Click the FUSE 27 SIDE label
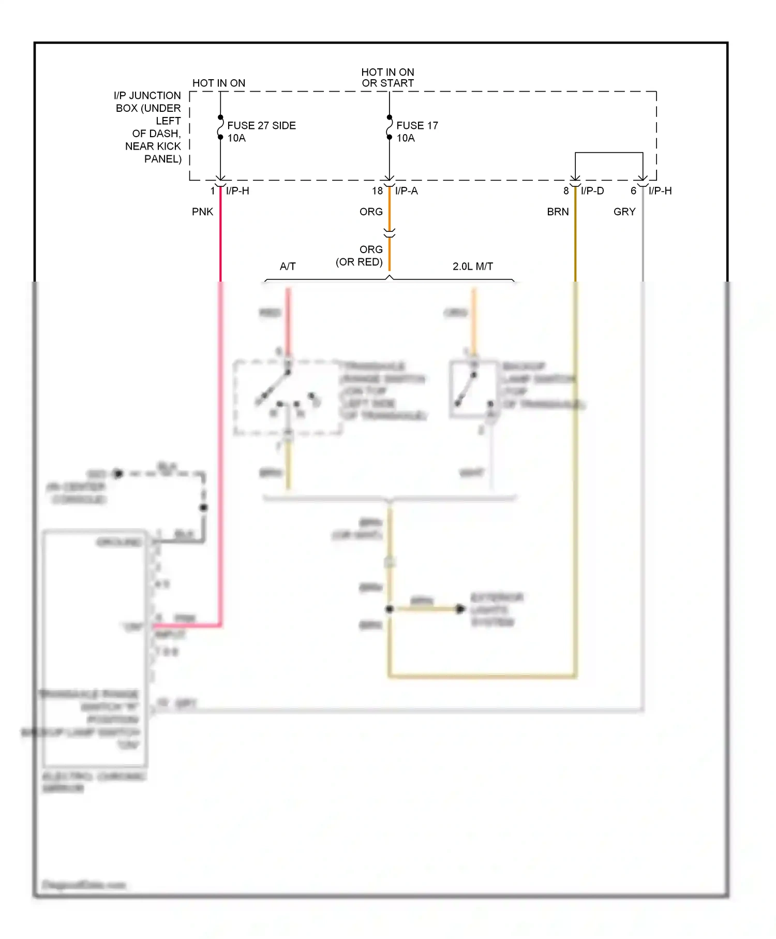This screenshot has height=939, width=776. pyautogui.click(x=261, y=126)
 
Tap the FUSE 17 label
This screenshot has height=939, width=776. pyautogui.click(x=417, y=126)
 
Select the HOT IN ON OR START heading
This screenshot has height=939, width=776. pyautogui.click(x=387, y=78)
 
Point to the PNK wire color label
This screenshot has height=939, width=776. pyautogui.click(x=202, y=212)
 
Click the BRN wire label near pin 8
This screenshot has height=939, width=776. pyautogui.click(x=558, y=212)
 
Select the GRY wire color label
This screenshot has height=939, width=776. pyautogui.click(x=624, y=212)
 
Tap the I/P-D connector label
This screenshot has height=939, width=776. pyautogui.click(x=592, y=191)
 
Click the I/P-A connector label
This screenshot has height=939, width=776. pyautogui.click(x=407, y=191)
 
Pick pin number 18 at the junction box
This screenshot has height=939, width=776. pyautogui.click(x=377, y=191)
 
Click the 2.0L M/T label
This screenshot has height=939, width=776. pyautogui.click(x=472, y=267)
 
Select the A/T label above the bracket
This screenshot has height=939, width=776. pyautogui.click(x=288, y=267)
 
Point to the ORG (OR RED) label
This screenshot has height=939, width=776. pyautogui.click(x=360, y=256)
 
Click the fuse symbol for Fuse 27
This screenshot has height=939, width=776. pyautogui.click(x=220, y=127)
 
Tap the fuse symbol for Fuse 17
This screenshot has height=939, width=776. pyautogui.click(x=390, y=127)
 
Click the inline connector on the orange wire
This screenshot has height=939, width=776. pyautogui.click(x=390, y=233)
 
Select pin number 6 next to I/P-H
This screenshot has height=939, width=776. pyautogui.click(x=633, y=191)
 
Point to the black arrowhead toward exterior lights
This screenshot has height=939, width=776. pyautogui.click(x=460, y=609)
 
